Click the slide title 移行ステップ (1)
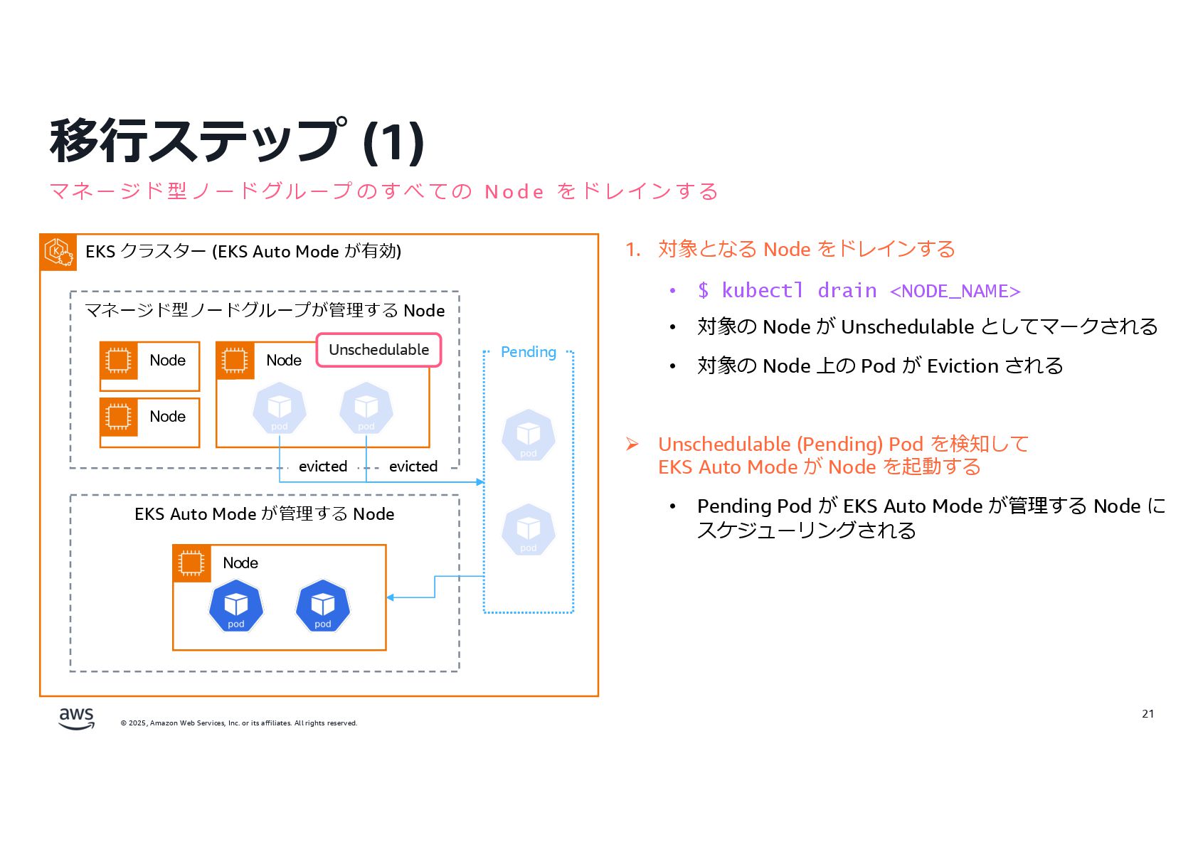click(x=237, y=141)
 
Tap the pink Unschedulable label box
click(x=378, y=350)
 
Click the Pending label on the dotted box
click(x=528, y=352)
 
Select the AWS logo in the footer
click(x=76, y=718)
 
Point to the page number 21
click(x=1147, y=713)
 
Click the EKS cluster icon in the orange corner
click(x=58, y=252)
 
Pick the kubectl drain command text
click(x=859, y=291)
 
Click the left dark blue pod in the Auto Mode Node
click(x=236, y=606)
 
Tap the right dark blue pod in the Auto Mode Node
click(x=323, y=606)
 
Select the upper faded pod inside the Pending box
click(x=528, y=435)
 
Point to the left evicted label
click(x=323, y=467)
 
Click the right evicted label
click(x=413, y=467)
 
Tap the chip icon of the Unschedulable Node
click(x=235, y=361)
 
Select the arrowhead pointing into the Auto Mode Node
click(x=391, y=597)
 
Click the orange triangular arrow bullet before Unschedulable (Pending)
click(x=632, y=444)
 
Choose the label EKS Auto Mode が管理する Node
click(x=264, y=514)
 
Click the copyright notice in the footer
click(x=239, y=723)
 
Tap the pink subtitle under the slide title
click(x=383, y=191)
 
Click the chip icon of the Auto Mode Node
click(x=191, y=563)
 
